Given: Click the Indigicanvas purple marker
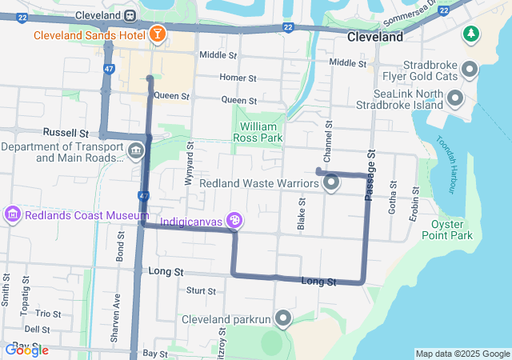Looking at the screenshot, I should point(234,219).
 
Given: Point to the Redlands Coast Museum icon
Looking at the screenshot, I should point(13,214).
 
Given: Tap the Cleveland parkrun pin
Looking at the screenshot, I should point(282,319).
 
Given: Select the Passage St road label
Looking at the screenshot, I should point(370,175).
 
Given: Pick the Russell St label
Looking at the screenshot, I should point(66,131).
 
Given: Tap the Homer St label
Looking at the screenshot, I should point(238,78).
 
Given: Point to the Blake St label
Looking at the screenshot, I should point(302,212).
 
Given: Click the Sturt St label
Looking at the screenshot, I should point(200,290).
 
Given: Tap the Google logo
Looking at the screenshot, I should point(26,350).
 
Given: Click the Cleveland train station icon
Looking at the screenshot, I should point(130,16).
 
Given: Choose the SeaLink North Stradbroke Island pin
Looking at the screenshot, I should point(456,99).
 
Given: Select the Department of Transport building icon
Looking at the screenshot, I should point(135,150).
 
